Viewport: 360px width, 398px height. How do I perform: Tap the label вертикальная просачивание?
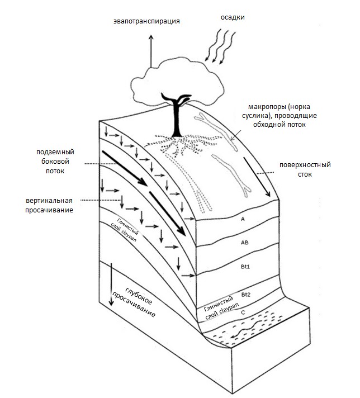tap(52, 204)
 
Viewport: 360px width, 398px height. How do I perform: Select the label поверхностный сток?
tap(305, 170)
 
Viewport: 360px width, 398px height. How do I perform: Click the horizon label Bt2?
tap(245, 293)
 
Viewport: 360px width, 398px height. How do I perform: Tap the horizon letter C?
tap(243, 313)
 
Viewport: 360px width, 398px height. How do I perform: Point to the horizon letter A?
tap(243, 220)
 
